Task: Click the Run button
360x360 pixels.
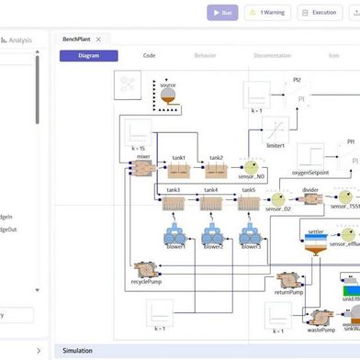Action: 222,13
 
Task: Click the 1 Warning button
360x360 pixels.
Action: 267,13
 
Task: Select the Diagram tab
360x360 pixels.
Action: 89,55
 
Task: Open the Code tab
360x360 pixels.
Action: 149,55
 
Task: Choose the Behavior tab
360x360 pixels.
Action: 206,55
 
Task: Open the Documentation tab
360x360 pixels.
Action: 272,55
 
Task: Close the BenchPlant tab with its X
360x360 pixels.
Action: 98,39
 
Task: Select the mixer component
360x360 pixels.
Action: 142,169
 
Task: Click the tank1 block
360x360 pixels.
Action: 180,169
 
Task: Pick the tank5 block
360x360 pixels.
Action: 247,203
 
